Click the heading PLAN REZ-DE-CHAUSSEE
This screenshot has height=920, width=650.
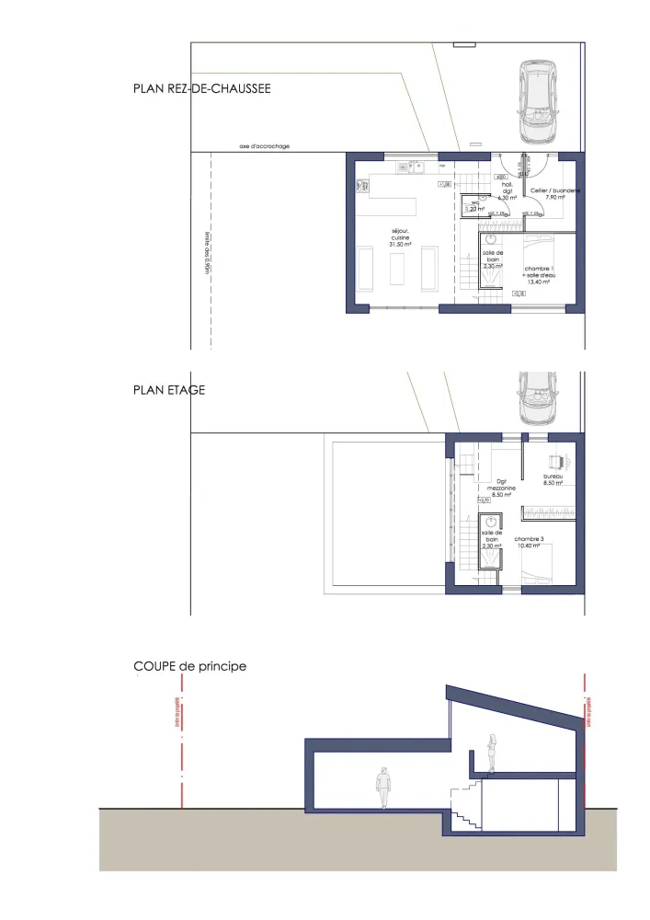(201, 89)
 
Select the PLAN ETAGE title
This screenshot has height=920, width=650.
(169, 390)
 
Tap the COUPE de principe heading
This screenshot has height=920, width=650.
(190, 665)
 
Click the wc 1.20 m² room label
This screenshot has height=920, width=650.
(476, 206)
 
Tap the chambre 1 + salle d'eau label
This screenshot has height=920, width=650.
(537, 272)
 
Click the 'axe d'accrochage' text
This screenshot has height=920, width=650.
(265, 145)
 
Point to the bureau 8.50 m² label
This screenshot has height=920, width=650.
(553, 479)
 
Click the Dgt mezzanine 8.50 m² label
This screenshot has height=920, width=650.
(502, 489)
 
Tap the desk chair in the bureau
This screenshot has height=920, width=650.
(554, 462)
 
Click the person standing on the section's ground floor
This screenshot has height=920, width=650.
(383, 788)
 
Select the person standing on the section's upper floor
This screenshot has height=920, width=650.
(493, 752)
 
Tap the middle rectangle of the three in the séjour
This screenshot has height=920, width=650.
(398, 270)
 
